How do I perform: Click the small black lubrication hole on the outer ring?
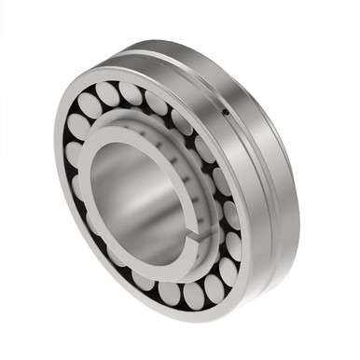[x=225, y=114]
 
